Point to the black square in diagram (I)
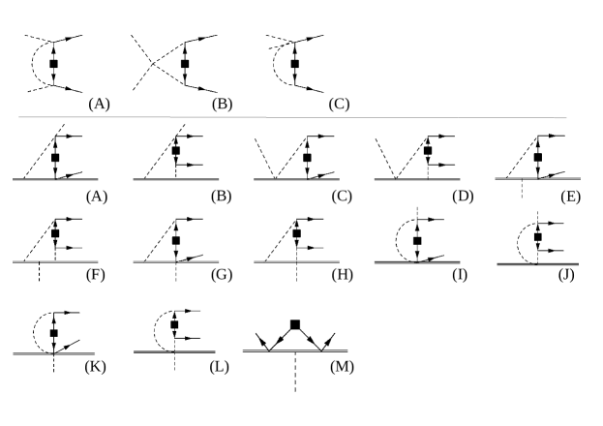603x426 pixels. [417, 240]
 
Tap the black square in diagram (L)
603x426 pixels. [174, 325]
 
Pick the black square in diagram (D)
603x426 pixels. [427, 151]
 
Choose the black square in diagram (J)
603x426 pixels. [537, 235]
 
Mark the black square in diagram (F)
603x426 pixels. [55, 234]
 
